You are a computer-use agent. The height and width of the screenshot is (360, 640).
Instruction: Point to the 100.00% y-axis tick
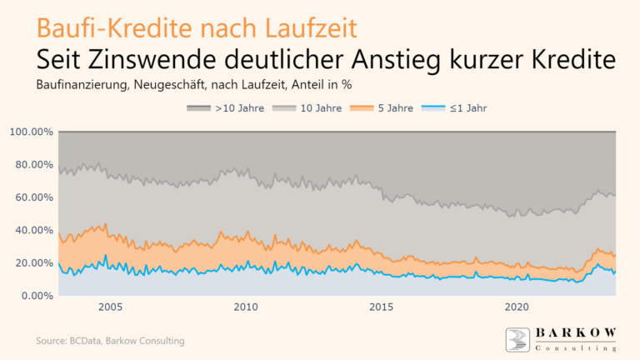pyautogui.click(x=32, y=132)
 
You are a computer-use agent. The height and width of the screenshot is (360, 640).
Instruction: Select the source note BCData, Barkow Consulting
pyautogui.click(x=110, y=341)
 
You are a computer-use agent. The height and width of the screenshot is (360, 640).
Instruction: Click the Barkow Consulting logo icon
pyautogui.click(x=518, y=340)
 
